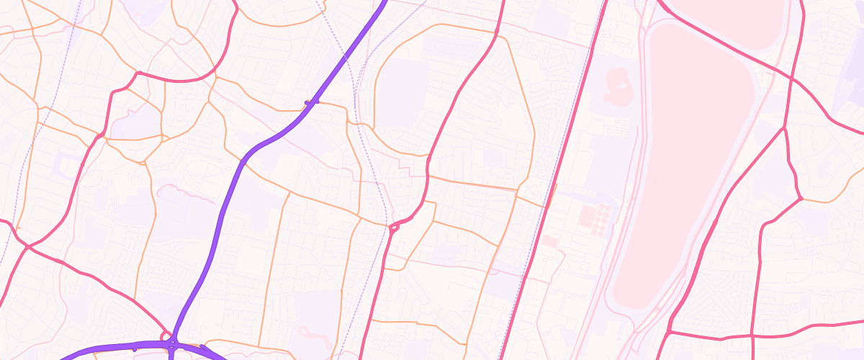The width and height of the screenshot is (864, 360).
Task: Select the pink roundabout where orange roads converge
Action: (x=394, y=228)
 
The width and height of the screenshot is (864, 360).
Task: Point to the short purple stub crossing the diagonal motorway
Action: (x=312, y=102)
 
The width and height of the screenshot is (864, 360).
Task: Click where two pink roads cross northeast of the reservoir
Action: (x=791, y=77)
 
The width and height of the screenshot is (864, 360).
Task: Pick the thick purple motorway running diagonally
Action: (x=238, y=173)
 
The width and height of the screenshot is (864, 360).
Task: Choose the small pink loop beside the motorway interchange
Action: (x=166, y=335)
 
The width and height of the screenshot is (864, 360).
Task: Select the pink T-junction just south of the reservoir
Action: (x=669, y=333)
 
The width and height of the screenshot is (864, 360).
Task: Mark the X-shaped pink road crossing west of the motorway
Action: (x=27, y=247)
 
